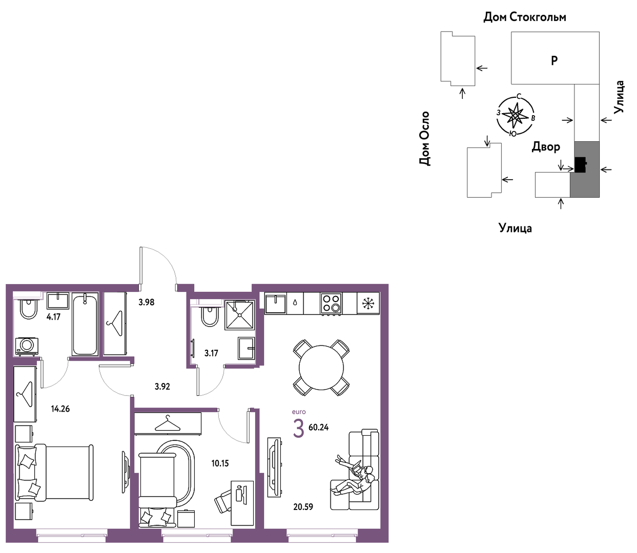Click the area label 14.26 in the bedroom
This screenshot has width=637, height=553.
(x=60, y=409)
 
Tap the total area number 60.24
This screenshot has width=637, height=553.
(x=318, y=428)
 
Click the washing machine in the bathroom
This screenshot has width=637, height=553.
(x=27, y=346)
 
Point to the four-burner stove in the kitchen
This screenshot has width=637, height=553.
(x=331, y=303)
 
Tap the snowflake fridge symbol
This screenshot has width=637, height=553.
(x=368, y=303)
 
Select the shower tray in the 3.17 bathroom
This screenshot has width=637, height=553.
(x=240, y=314)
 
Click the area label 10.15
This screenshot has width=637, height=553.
(x=220, y=463)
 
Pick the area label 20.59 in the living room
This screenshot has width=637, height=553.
(x=303, y=506)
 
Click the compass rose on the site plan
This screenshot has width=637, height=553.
(x=515, y=115)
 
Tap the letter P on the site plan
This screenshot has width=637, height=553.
(x=554, y=60)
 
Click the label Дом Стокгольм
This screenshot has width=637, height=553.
(x=525, y=17)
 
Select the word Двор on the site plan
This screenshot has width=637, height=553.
(x=546, y=146)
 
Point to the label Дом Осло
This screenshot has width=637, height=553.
(x=424, y=139)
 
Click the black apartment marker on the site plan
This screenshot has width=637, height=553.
(x=580, y=164)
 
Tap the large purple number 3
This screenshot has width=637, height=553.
(x=298, y=429)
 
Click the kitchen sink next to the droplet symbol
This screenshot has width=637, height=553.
(x=275, y=304)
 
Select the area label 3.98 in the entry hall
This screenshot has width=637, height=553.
(x=147, y=302)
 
